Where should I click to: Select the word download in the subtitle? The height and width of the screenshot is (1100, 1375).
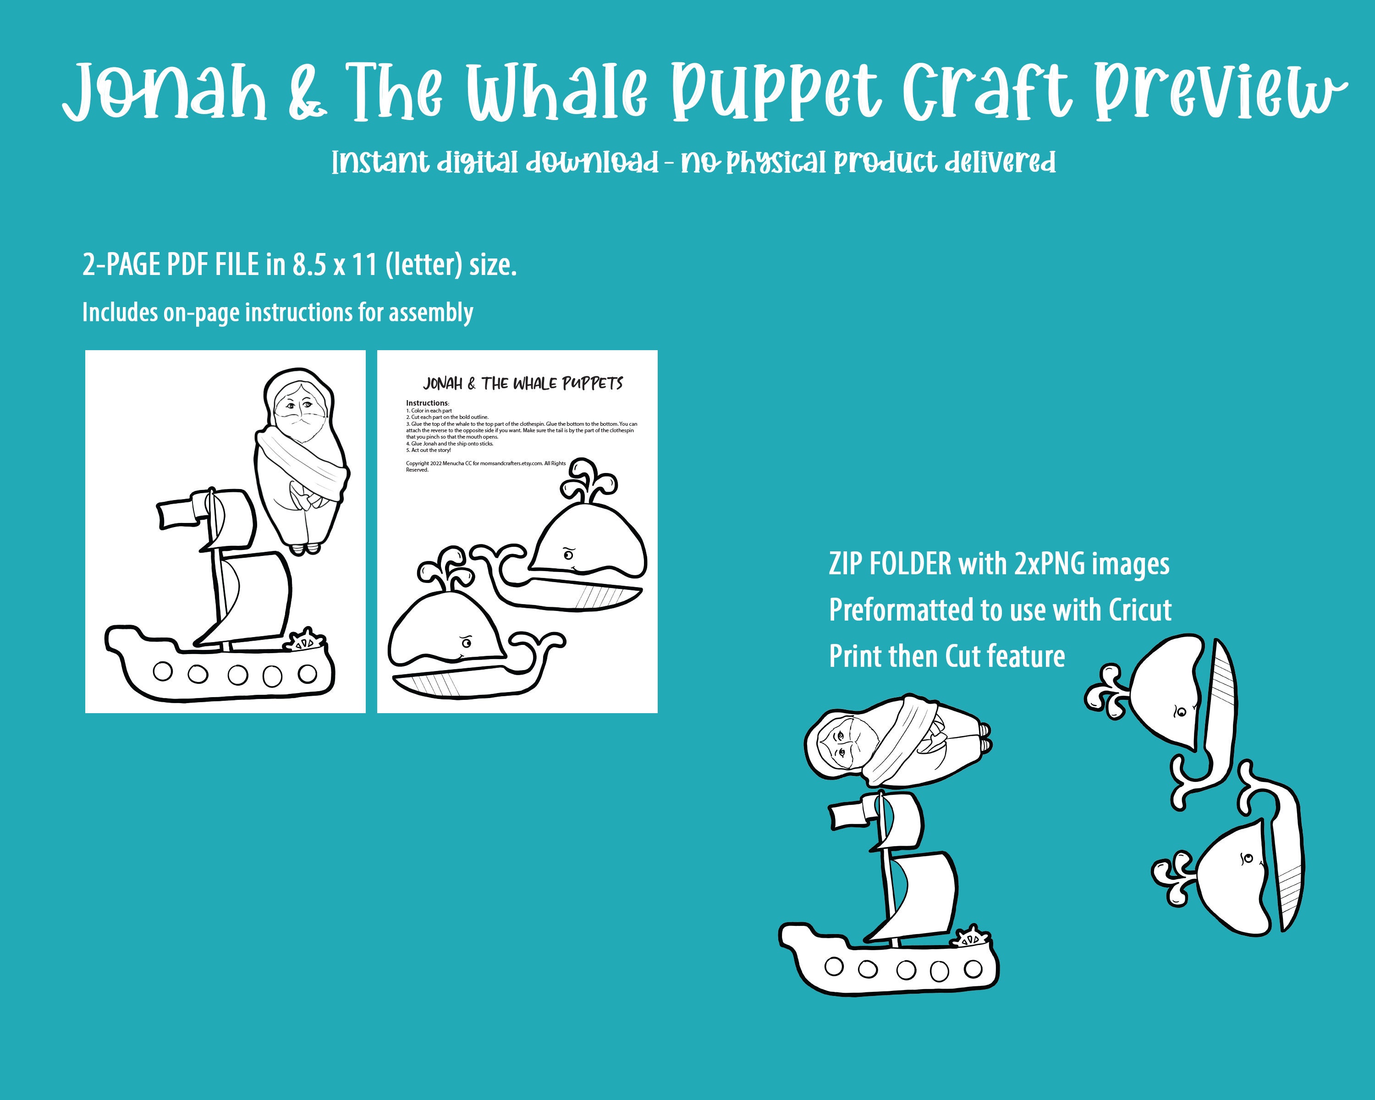point(592,163)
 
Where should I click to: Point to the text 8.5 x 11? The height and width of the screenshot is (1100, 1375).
point(335,264)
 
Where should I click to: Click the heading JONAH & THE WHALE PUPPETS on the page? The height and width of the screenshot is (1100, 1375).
point(522,383)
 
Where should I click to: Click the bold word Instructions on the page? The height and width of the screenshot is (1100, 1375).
point(427,403)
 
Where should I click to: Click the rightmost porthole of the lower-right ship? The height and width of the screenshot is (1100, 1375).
point(973,968)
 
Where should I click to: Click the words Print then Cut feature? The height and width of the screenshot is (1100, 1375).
point(946,656)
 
